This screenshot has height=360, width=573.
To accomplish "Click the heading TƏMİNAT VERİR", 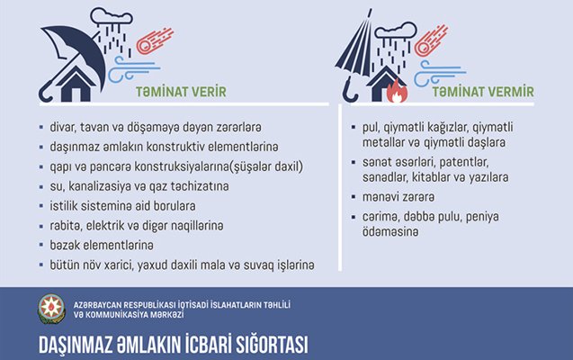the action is tap(181, 92).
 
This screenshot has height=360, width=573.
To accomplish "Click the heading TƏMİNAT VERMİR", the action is tap(483, 92).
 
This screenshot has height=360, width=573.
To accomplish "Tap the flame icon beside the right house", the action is tap(397, 92).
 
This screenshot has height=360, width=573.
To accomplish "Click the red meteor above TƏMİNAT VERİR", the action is tap(155, 40).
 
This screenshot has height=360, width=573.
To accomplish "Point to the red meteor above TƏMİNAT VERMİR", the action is tap(431, 40).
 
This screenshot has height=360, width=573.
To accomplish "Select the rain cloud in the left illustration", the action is tap(112, 17).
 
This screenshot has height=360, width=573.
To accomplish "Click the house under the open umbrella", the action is tap(76, 85).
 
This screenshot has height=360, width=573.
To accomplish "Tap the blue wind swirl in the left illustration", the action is tap(133, 69).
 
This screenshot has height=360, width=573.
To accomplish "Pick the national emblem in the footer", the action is tap(52, 310).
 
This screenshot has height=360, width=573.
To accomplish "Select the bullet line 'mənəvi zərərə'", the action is tap(398, 197).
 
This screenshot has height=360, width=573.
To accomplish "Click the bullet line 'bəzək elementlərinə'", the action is tap(102, 245).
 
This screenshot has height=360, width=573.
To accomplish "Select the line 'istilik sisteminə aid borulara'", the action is tap(122, 206).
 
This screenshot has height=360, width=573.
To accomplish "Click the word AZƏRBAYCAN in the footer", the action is tap(97, 305).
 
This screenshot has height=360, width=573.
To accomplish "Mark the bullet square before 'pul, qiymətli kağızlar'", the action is tap(354, 128).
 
